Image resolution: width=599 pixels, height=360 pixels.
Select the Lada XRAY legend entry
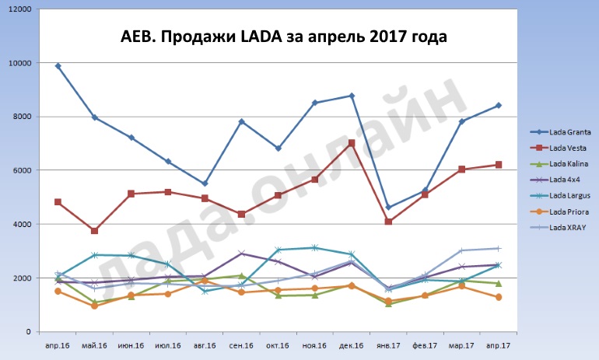click(x=552, y=227)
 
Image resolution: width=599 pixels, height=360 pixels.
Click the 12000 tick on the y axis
click(x=19, y=9)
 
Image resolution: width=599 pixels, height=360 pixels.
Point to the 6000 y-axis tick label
click(x=22, y=170)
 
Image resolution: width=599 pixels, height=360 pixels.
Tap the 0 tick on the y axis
click(x=29, y=332)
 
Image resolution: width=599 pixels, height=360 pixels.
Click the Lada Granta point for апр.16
click(x=58, y=66)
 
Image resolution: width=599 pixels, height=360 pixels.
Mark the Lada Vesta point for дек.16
click(x=352, y=143)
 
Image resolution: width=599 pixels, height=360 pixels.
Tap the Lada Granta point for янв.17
click(x=388, y=208)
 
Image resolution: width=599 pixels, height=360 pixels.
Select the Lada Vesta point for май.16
click(x=95, y=231)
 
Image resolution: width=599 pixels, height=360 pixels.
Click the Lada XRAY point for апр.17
click(x=498, y=249)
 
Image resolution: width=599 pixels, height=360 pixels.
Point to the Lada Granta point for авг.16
click(x=205, y=183)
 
